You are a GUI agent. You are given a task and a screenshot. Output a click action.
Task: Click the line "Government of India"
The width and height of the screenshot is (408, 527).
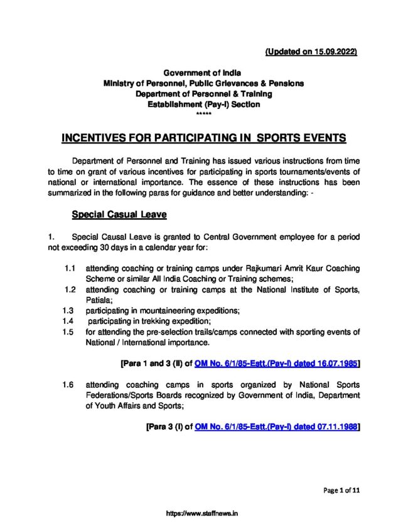[203, 73]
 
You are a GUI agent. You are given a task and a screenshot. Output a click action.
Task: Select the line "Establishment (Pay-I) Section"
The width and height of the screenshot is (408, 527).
[203, 105]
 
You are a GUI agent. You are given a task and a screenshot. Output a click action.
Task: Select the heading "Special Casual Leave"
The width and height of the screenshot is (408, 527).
[119, 215]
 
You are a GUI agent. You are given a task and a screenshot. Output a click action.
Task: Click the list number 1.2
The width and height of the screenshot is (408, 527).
[71, 290]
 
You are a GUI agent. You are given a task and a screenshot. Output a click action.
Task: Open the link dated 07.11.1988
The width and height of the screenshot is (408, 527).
[276, 426]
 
